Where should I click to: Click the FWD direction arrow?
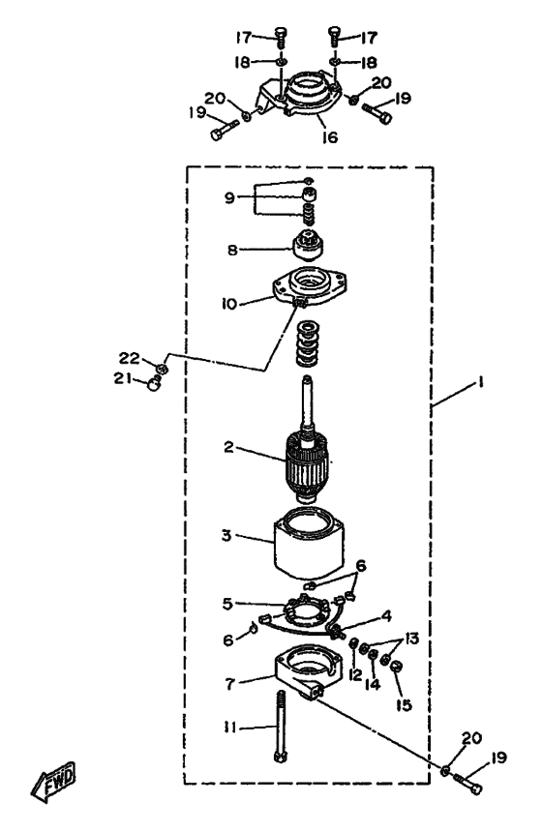(x=54, y=782)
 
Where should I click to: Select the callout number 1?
(x=480, y=381)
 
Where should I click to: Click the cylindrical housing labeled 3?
(x=308, y=544)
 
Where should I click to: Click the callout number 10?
(x=229, y=304)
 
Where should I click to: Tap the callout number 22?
(x=129, y=358)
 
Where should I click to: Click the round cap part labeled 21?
(x=153, y=382)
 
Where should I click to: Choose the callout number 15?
(x=404, y=705)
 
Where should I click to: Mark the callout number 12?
(x=355, y=674)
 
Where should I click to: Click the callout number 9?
(x=229, y=198)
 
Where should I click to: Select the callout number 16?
(x=329, y=137)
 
